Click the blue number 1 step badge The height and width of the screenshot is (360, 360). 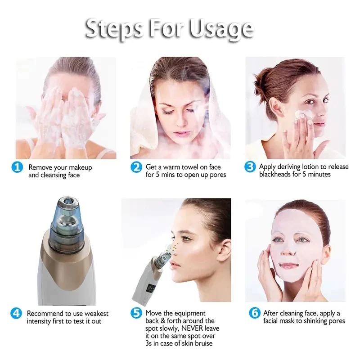[x=17, y=167]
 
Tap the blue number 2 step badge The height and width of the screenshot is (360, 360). [x=136, y=167]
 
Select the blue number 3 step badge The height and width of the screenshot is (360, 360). [x=250, y=166]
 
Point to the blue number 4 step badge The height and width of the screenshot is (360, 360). [x=16, y=313]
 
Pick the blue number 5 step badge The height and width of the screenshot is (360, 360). [x=136, y=313]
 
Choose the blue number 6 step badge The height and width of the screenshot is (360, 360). [x=255, y=313]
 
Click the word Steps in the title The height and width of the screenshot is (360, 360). [x=114, y=29]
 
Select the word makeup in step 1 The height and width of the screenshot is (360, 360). [x=81, y=167]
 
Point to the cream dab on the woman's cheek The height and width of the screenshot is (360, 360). [x=302, y=114]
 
